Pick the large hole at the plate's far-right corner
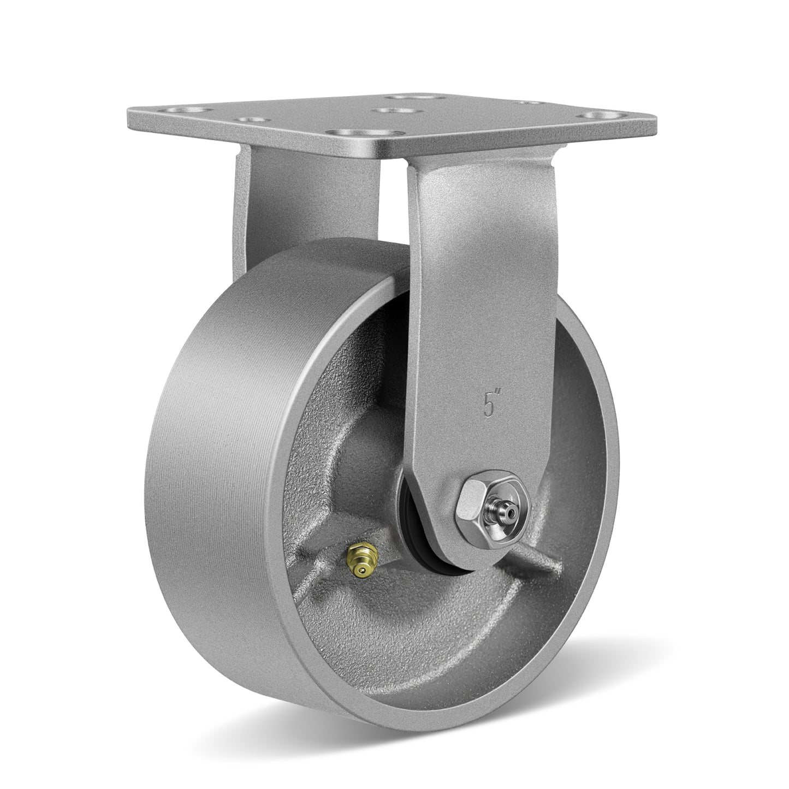point(596,115)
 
